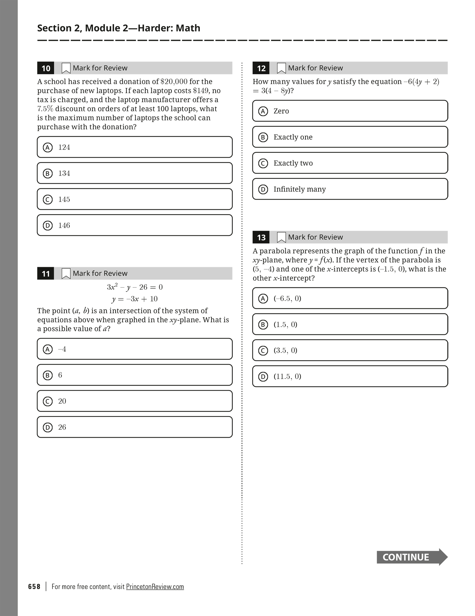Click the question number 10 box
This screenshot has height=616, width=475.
(x=46, y=68)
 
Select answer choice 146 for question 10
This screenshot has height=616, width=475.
(x=135, y=225)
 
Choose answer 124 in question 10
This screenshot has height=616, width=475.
(x=135, y=147)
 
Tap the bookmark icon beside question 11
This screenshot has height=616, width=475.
(x=66, y=273)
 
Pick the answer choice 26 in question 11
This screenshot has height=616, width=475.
(x=135, y=427)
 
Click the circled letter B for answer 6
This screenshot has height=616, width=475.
(x=48, y=375)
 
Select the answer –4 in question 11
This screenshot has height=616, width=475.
(x=135, y=349)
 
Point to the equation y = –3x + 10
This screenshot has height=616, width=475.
(x=135, y=299)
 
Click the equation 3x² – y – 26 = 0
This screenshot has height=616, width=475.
(x=135, y=287)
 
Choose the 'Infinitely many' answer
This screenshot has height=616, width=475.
(x=350, y=189)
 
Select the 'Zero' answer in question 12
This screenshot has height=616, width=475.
(x=350, y=111)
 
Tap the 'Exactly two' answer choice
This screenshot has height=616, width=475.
(x=350, y=163)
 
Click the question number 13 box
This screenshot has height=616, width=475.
(x=261, y=238)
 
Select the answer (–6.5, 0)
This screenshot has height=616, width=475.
(x=350, y=298)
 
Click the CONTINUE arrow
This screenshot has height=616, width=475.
(x=412, y=557)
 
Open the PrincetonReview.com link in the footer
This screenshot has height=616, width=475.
(x=155, y=586)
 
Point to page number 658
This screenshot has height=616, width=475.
(x=34, y=586)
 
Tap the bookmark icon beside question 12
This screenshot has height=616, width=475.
(x=281, y=68)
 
